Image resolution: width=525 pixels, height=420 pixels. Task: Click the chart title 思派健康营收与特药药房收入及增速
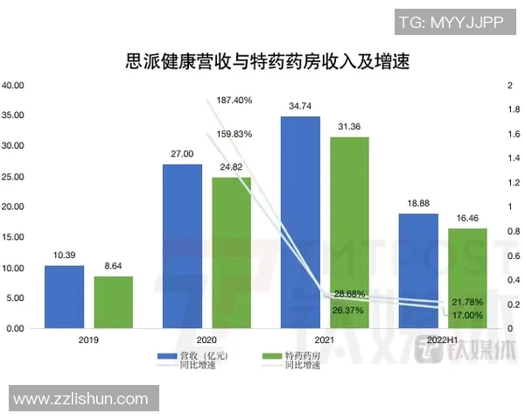(x=262, y=61)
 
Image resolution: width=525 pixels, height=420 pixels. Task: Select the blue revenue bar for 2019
(x=64, y=297)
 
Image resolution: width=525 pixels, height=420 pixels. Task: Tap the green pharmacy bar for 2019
(x=114, y=302)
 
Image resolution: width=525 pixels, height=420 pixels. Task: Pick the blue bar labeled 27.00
(x=182, y=246)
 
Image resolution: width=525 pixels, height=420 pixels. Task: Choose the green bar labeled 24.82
(x=232, y=253)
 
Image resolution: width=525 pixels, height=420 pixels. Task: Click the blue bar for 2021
(x=300, y=222)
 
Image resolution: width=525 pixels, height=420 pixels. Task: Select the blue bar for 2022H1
(x=417, y=270)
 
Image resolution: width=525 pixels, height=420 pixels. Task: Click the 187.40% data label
(x=234, y=101)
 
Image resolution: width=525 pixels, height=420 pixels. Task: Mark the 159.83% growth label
(x=234, y=135)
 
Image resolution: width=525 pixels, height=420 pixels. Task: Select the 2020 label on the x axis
(x=206, y=339)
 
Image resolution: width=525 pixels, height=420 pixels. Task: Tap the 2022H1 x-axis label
(x=443, y=339)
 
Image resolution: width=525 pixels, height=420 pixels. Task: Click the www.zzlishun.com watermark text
(x=80, y=399)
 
